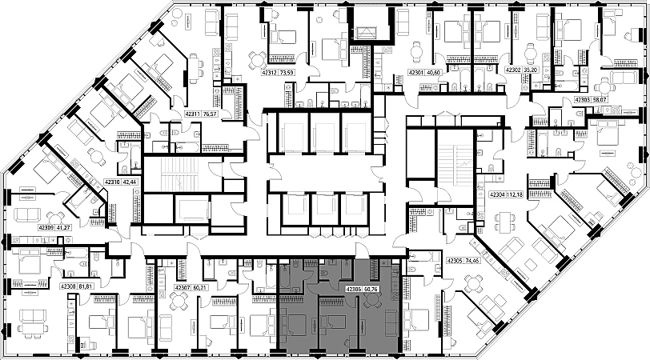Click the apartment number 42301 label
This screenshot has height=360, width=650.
coord(416,73)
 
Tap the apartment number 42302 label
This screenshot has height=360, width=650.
coord(513,70)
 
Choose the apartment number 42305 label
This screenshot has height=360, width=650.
coord(455,260)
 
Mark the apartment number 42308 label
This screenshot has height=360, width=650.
coord(68,286)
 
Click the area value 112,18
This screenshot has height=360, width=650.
coord(515,194)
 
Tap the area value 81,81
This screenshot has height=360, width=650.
coord(86,286)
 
